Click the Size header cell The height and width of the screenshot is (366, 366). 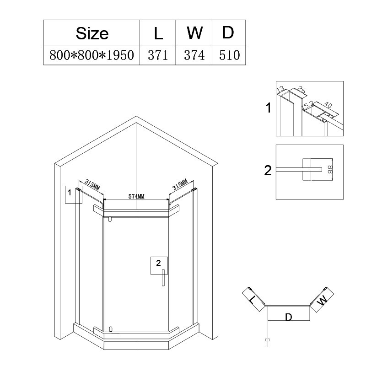pos(92,33)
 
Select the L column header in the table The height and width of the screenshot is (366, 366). pos(158,33)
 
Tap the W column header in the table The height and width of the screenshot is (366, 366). pos(194,33)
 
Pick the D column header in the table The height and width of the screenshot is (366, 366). pos(228,33)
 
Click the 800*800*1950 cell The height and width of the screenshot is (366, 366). pos(92,55)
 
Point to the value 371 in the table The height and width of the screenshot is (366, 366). pos(158,55)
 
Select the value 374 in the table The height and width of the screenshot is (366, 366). pos(194,55)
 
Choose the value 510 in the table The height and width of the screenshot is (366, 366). pos(229,55)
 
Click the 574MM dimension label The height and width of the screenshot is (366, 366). pos(136,196)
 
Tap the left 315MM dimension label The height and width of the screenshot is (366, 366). pos(92,184)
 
